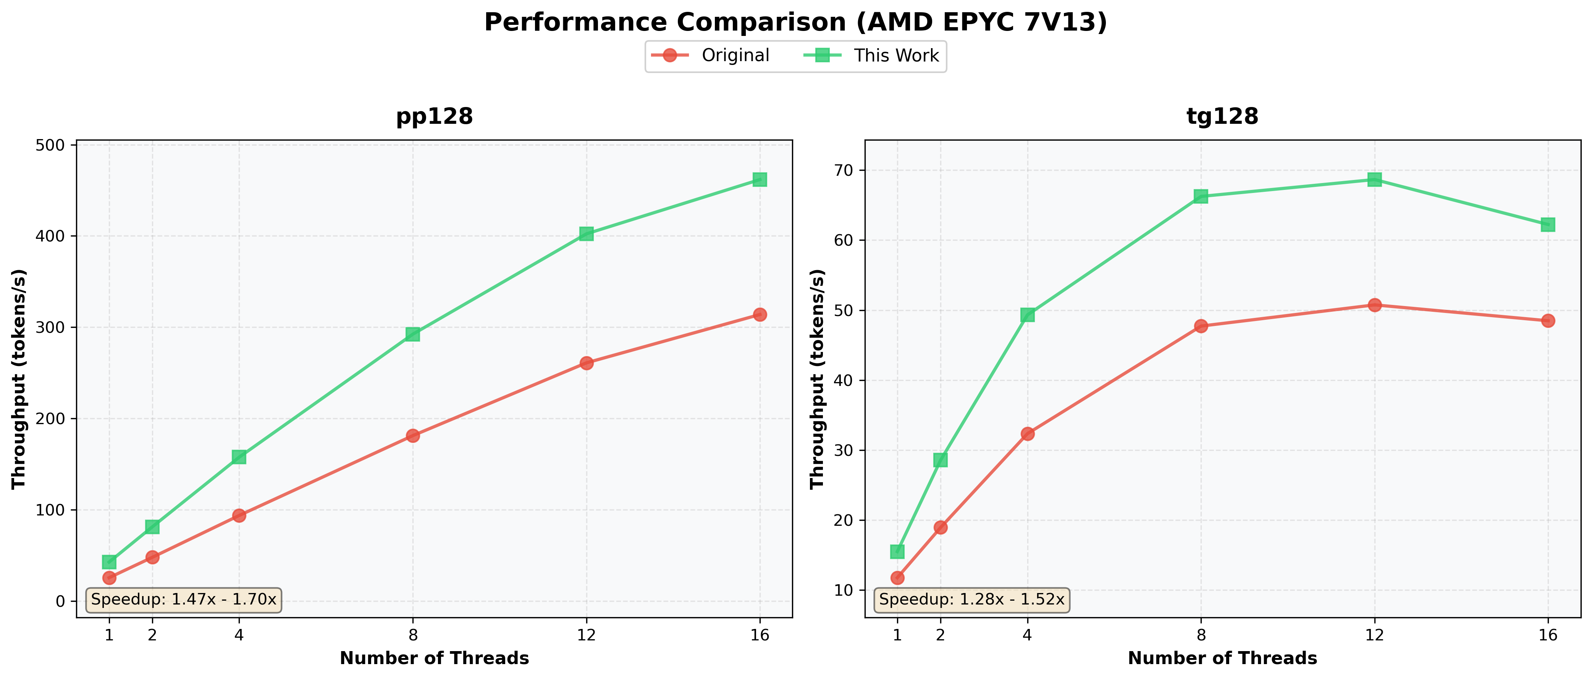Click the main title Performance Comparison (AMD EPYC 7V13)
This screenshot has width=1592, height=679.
pos(795,23)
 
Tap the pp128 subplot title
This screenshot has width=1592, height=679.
pos(435,116)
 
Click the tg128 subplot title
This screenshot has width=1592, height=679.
pos(1222,116)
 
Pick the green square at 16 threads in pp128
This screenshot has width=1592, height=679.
pos(760,179)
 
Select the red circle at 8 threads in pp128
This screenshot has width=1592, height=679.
pos(413,435)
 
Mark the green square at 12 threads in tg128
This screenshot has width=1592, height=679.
pos(1374,179)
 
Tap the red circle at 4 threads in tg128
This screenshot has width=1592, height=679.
pos(1027,433)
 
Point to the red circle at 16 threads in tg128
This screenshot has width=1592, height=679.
pos(1547,320)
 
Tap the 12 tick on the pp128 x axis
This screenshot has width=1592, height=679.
pos(586,635)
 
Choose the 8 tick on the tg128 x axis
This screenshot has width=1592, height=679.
pos(1201,635)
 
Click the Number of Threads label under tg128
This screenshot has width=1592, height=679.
pos(1222,658)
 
